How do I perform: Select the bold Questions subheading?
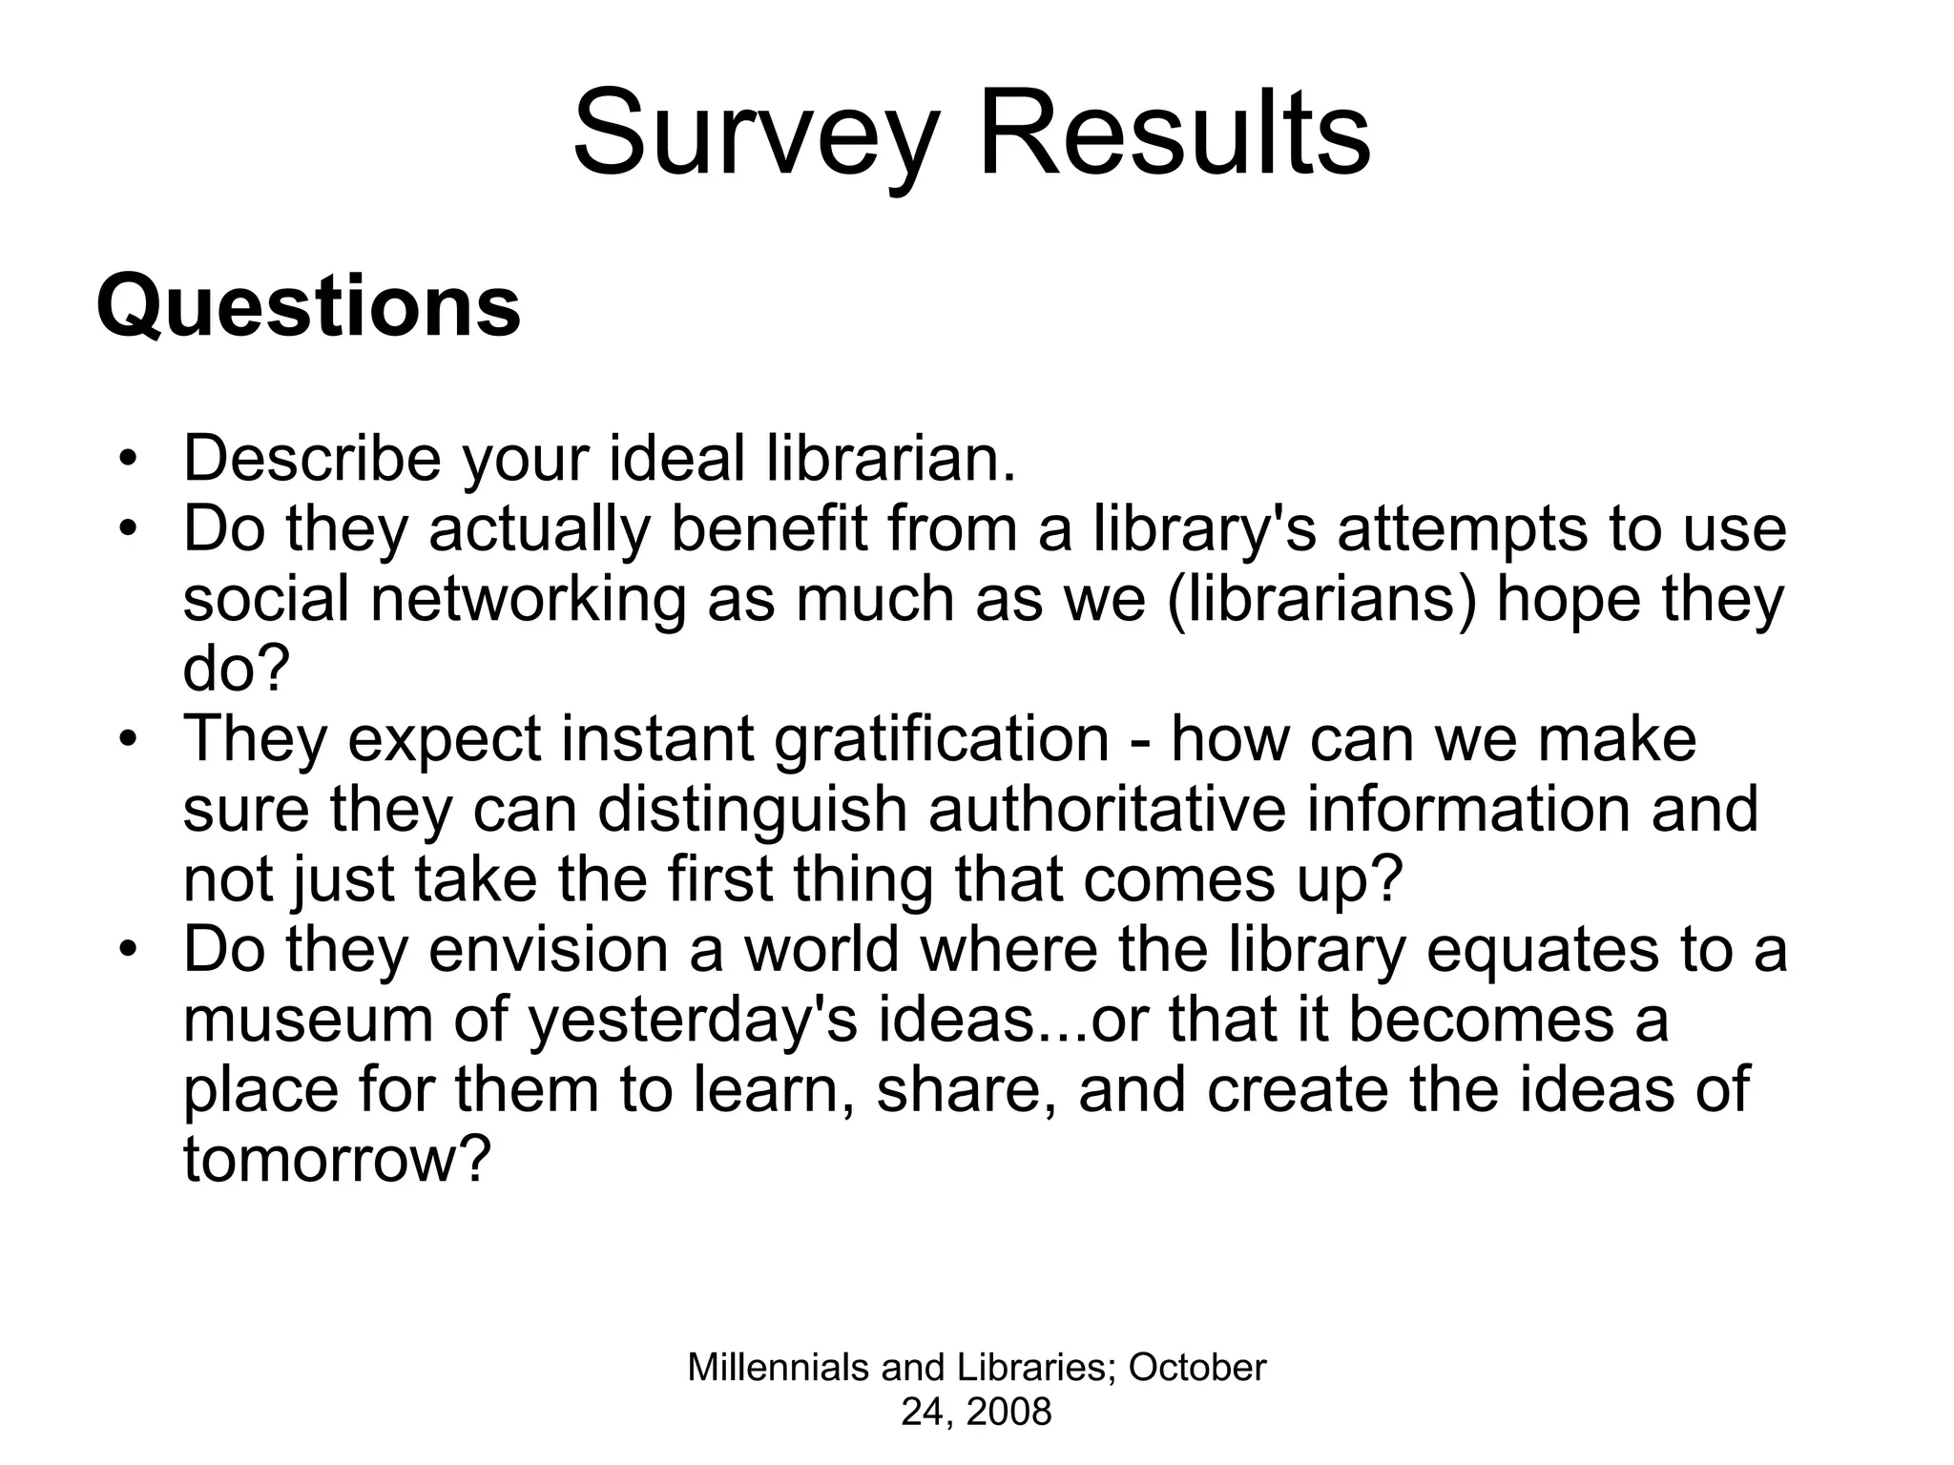click(308, 307)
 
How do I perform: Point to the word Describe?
click(312, 459)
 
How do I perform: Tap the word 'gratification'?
click(942, 740)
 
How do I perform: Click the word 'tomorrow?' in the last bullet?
click(336, 1160)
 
